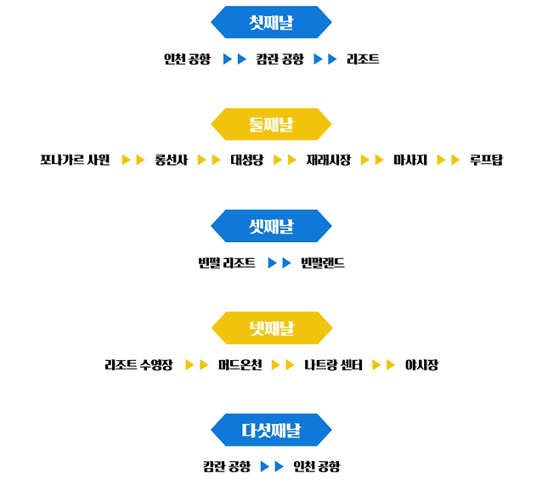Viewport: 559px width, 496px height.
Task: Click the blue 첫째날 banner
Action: pyautogui.click(x=271, y=23)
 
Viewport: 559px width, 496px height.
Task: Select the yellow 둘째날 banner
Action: pyautogui.click(x=271, y=125)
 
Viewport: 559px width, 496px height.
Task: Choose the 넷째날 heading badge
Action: pyautogui.click(x=271, y=327)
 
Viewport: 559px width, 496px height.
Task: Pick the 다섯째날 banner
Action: pyautogui.click(x=271, y=430)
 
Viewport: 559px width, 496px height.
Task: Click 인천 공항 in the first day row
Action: pyautogui.click(x=187, y=59)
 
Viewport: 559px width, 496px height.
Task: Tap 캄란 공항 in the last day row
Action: pyautogui.click(x=227, y=466)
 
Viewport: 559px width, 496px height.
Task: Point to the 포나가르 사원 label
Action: pyautogui.click(x=75, y=160)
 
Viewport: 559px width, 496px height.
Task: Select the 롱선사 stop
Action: pyautogui.click(x=172, y=160)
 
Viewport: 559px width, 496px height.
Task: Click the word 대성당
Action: pyautogui.click(x=247, y=160)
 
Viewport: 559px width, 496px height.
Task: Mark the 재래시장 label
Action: pyautogui.click(x=328, y=160)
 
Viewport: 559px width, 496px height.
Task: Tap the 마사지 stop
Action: pyautogui.click(x=409, y=160)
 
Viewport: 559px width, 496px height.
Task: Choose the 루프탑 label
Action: pyautogui.click(x=486, y=160)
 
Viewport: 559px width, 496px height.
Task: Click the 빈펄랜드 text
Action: pyautogui.click(x=323, y=263)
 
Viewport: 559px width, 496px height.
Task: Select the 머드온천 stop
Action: pyautogui.click(x=240, y=365)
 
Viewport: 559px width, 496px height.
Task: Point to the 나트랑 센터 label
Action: pyautogui.click(x=334, y=365)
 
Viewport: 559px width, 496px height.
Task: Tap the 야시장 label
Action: pyautogui.click(x=421, y=365)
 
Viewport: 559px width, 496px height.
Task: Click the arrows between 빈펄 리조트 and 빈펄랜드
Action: pyautogui.click(x=279, y=263)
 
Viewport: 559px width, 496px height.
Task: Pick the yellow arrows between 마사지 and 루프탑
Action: pyautogui.click(x=449, y=160)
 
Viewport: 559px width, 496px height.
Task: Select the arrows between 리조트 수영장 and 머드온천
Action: pyautogui.click(x=197, y=365)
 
